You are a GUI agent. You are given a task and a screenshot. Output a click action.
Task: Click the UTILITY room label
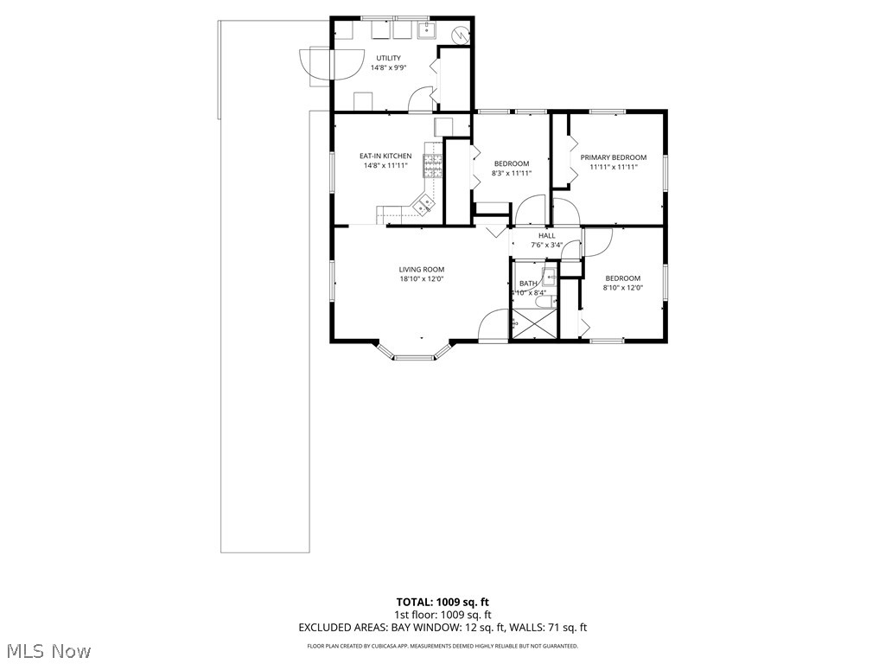click(388, 58)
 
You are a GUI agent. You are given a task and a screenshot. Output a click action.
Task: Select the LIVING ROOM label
click(421, 270)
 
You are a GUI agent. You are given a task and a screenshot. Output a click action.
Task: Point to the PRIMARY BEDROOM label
click(613, 157)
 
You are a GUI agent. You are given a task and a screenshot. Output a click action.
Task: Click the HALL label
click(546, 235)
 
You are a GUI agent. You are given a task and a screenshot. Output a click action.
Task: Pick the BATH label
click(527, 284)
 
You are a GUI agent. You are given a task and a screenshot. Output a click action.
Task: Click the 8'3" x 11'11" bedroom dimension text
click(511, 173)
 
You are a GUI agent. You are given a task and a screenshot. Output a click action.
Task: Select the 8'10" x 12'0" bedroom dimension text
click(622, 288)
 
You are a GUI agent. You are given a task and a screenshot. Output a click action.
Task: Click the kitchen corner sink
click(423, 205)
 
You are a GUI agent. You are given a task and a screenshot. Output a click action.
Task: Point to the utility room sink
click(427, 32)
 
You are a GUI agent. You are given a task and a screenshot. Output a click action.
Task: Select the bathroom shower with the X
click(533, 326)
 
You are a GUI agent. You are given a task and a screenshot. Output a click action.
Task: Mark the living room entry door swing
click(494, 324)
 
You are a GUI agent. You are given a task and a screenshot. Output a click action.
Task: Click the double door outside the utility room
click(316, 65)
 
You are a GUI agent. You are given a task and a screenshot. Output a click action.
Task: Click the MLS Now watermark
click(49, 649)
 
